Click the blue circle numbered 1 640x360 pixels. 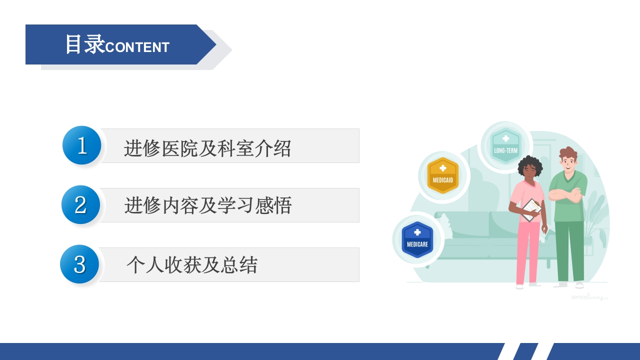82,145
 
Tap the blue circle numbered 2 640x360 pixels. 81,205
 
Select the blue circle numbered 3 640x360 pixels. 79,264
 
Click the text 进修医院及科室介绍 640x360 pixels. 207,148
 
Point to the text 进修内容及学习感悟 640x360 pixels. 208,205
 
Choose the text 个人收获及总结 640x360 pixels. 192,264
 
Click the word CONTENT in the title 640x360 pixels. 137,47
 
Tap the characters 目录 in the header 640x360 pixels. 84,44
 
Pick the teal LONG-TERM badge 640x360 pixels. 505,146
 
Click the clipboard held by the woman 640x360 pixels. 531,209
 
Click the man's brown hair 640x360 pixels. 568,153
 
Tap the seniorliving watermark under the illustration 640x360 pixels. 589,297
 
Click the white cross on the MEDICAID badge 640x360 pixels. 442,168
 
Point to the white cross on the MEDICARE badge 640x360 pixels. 417,232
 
